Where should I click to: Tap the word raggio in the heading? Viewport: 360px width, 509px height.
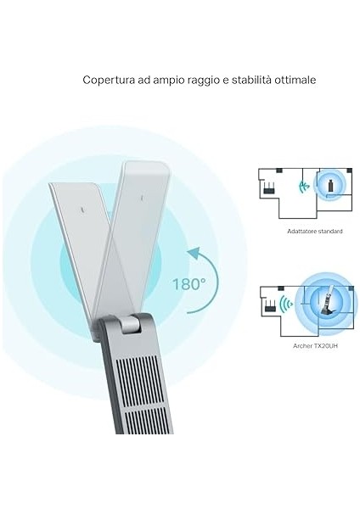(204, 80)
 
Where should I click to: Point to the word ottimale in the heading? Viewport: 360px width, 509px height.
(296, 80)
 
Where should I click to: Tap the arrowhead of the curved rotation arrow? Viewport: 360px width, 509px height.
(194, 252)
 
